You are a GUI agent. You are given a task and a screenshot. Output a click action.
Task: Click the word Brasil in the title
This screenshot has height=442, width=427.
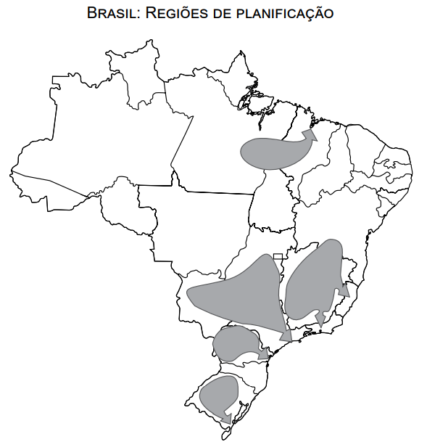tap(110, 13)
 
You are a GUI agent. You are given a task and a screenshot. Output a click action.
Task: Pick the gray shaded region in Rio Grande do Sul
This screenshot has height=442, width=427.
tap(217, 394)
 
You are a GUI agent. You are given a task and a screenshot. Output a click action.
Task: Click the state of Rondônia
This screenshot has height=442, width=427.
tap(123, 207)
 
